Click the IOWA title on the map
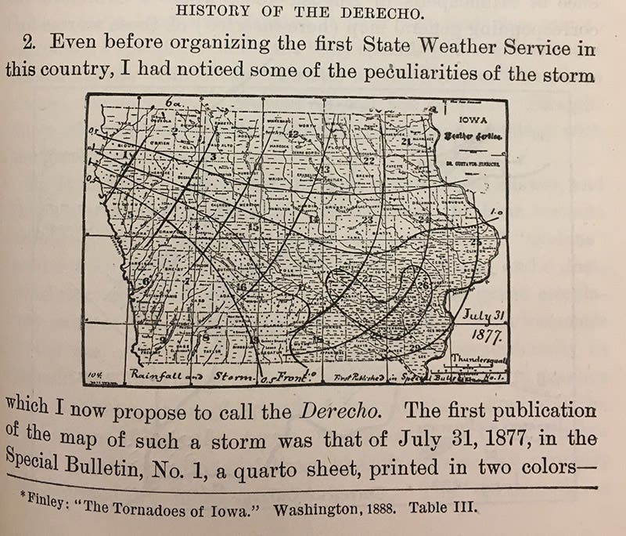click(x=473, y=121)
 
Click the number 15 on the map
click(x=253, y=227)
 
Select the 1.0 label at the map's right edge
click(x=494, y=213)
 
